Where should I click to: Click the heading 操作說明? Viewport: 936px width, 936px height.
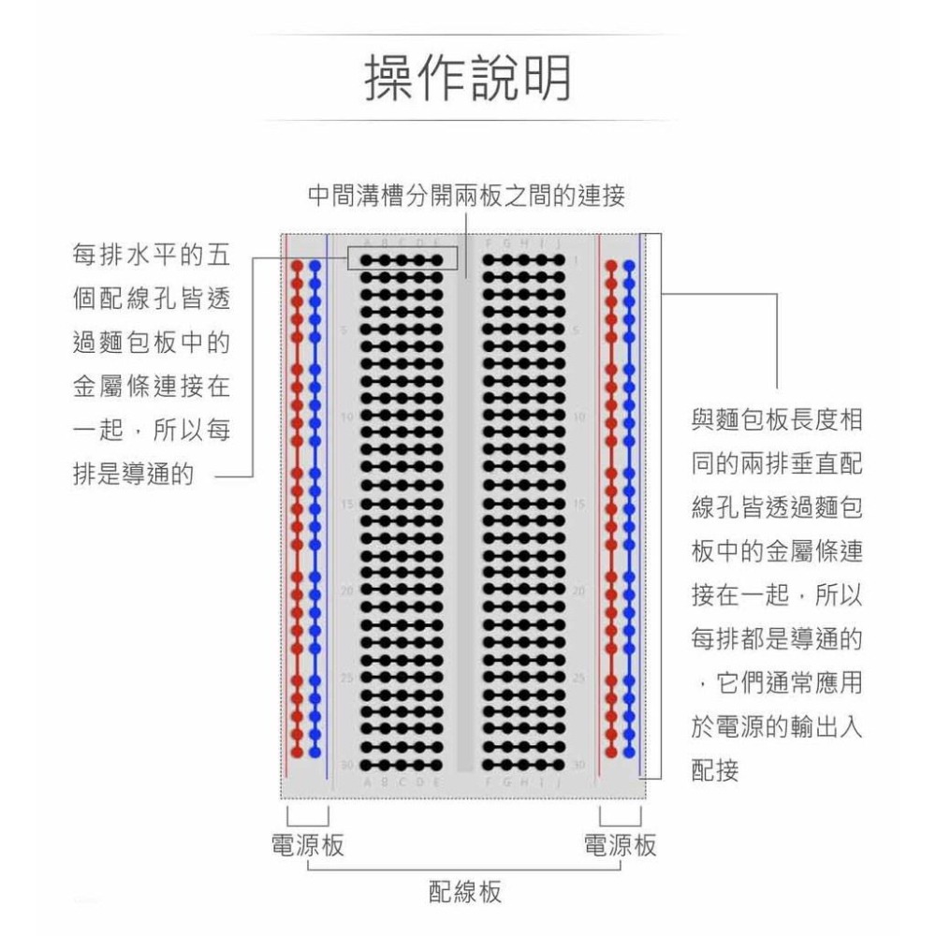[467, 79]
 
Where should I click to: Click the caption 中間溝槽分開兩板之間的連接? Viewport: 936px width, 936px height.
[467, 197]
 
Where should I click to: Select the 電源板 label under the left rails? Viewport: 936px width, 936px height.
[307, 845]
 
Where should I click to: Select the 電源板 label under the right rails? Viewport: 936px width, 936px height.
[620, 845]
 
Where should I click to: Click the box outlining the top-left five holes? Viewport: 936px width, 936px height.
[402, 258]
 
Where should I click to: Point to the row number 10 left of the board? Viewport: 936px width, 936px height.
[346, 417]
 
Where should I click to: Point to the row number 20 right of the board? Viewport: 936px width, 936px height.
[578, 592]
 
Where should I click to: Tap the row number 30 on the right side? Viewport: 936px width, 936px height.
[578, 765]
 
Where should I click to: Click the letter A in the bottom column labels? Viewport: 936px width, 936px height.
[368, 781]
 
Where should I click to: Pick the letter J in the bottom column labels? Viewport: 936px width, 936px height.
[559, 781]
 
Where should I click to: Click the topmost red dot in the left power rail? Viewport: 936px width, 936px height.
[298, 267]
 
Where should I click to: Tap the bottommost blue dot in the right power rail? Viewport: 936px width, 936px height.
[629, 752]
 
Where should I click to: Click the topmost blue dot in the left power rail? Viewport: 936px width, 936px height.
[314, 267]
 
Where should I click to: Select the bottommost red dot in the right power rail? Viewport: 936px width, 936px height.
[612, 752]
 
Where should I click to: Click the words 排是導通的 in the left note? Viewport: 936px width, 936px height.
[134, 475]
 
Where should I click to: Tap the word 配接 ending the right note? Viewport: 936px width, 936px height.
[716, 770]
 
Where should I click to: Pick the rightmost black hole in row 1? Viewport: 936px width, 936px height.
[559, 260]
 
